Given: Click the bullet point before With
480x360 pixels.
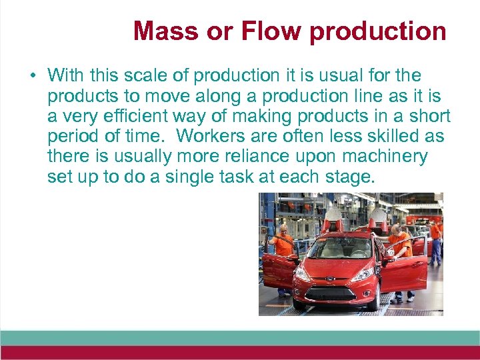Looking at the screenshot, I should point(33,75).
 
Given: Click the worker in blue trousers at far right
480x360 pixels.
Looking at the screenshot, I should point(435,243).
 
